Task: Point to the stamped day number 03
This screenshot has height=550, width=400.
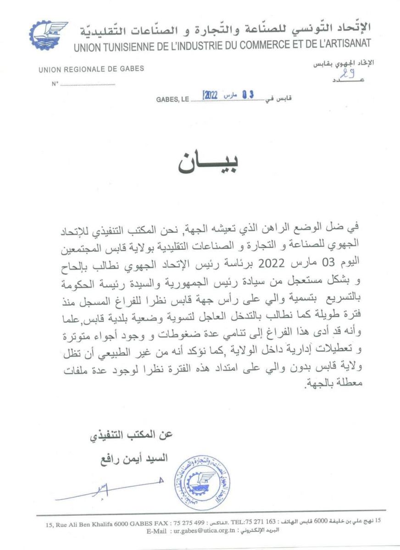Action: (x=248, y=95)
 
